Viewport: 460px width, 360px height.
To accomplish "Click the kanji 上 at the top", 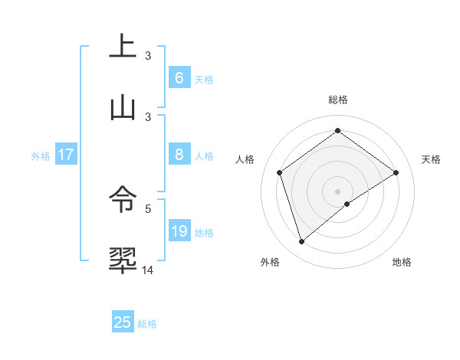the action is (x=123, y=46).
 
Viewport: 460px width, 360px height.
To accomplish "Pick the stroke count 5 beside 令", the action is (x=148, y=208).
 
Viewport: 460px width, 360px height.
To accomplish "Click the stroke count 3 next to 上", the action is (x=148, y=55).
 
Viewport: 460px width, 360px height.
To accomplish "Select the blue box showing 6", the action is (x=179, y=78).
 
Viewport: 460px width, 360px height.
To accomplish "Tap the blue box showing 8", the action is (x=179, y=155).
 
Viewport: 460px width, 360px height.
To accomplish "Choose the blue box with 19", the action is (x=179, y=231).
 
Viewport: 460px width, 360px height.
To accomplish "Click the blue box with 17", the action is (x=66, y=155).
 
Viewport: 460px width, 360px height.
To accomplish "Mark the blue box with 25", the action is (x=123, y=322).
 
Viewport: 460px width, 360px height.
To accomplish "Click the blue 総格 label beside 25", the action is (x=148, y=324).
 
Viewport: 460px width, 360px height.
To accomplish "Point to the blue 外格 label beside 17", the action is (x=41, y=156).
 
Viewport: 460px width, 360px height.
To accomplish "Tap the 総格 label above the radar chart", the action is (x=337, y=100).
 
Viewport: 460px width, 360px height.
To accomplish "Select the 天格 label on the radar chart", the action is (x=431, y=159).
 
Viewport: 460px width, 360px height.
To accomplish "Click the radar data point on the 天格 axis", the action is (x=396, y=172).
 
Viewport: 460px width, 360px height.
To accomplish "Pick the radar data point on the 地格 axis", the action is (x=347, y=204).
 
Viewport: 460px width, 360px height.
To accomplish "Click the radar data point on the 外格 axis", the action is (x=301, y=242).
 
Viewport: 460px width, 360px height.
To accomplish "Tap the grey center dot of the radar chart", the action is (x=337, y=191).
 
